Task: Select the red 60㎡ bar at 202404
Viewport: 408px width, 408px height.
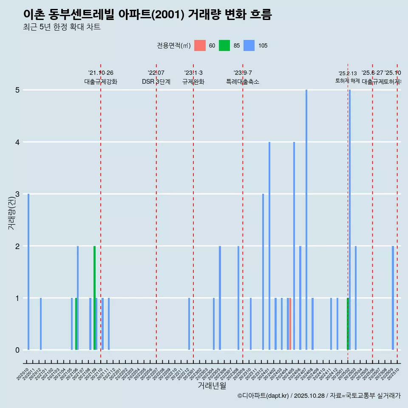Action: pos(290,324)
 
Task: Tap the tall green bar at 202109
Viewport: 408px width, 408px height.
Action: pos(94,297)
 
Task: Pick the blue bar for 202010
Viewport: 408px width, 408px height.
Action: pos(28,272)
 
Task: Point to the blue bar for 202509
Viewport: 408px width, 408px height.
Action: pos(393,297)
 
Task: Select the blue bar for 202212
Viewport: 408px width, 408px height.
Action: pos(189,324)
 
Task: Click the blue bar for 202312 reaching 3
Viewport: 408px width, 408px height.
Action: pos(263,272)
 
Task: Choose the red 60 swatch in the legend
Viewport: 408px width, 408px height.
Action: pos(200,45)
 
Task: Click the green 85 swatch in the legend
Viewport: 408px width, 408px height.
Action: pos(224,45)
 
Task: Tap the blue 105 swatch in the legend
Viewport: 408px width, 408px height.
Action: pos(249,45)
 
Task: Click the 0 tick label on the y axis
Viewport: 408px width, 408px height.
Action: pos(17,350)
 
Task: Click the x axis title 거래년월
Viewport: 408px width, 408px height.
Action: pos(212,385)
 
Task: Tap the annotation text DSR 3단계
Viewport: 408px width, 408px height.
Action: pos(156,82)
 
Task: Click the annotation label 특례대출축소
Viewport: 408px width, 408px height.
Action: pos(242,82)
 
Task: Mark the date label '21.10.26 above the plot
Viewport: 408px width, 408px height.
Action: pos(101,73)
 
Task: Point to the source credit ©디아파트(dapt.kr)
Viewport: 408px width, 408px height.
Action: pos(263,396)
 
